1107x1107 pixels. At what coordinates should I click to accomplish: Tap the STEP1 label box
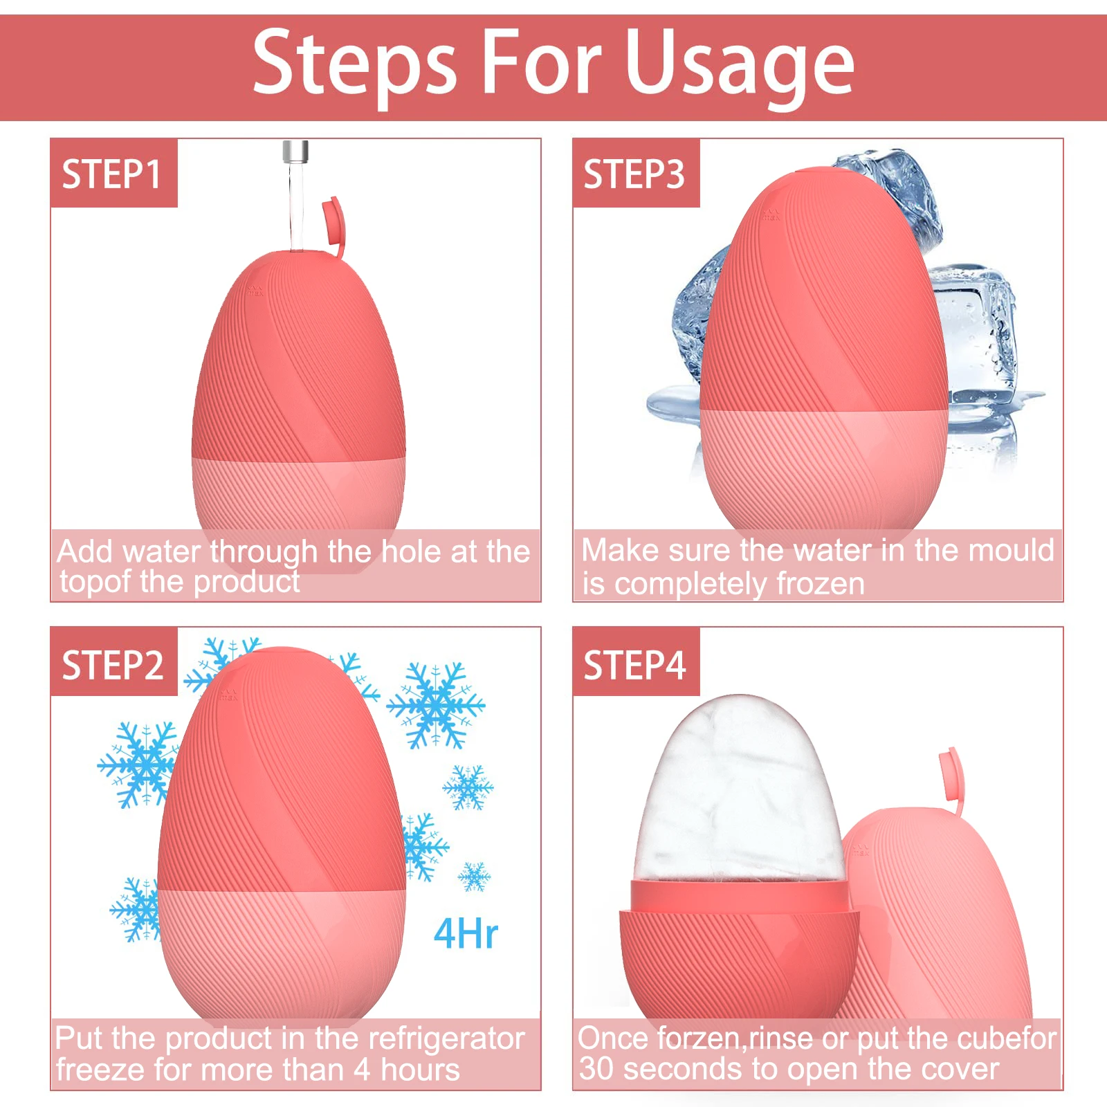113,173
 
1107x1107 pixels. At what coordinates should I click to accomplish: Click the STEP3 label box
634,173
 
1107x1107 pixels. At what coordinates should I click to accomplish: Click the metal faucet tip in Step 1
295,151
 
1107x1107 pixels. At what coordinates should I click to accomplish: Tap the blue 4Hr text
465,934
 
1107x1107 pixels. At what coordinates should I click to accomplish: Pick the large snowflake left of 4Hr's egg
138,765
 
